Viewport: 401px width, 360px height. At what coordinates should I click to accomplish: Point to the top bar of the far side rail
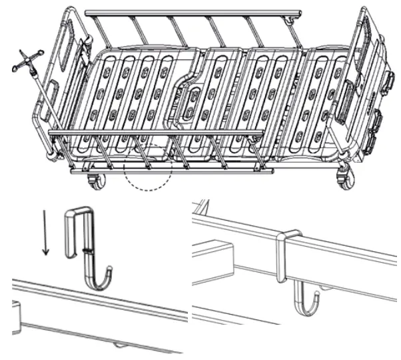193,12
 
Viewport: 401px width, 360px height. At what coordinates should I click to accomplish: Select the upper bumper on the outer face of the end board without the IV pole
390,83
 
